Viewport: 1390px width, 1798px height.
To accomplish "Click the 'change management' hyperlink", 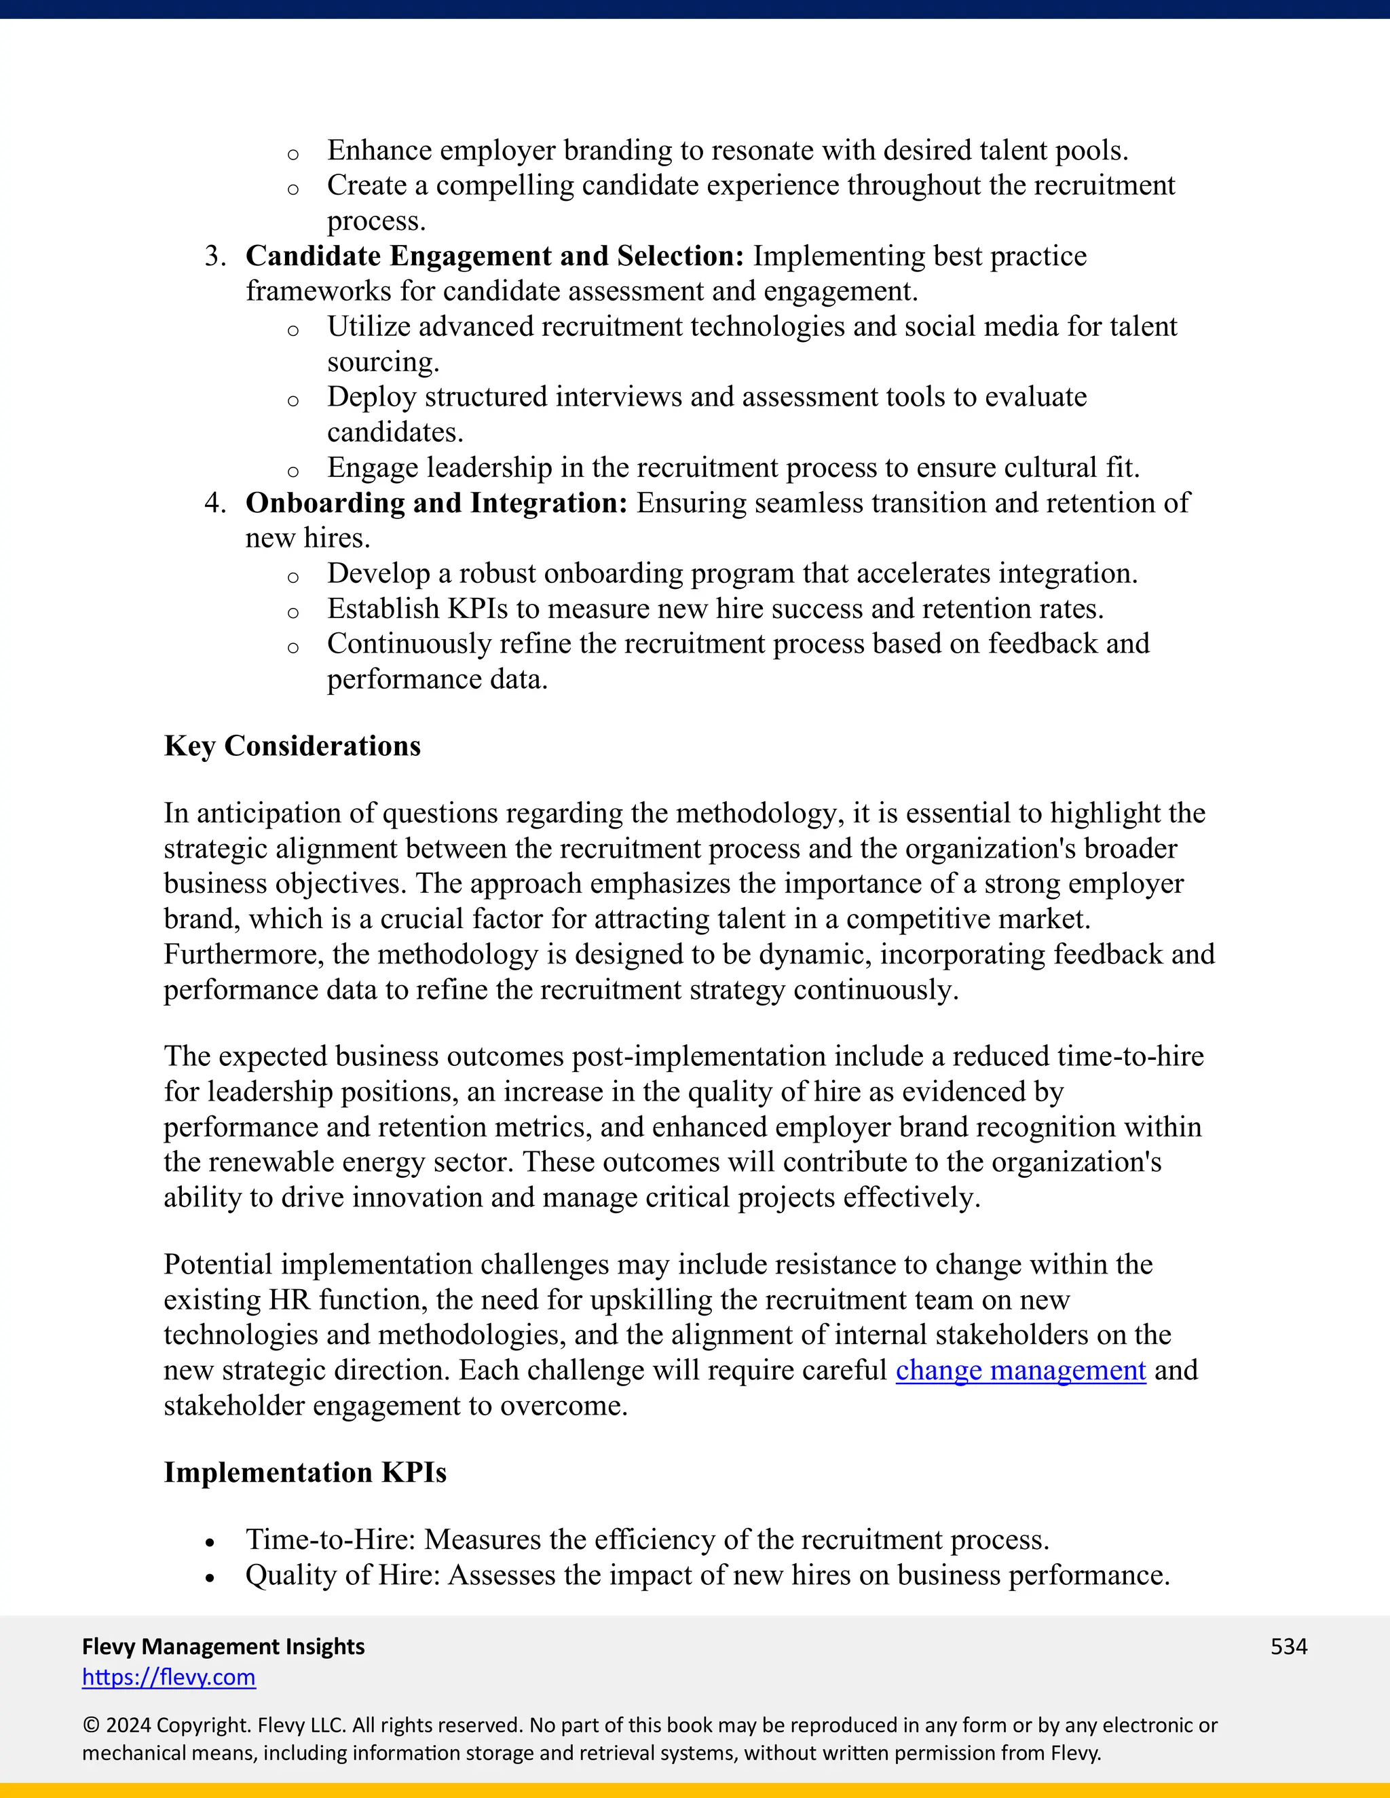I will tap(1020, 1370).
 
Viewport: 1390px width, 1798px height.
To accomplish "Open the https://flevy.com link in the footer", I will tap(169, 1677).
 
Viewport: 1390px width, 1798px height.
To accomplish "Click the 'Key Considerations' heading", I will tap(293, 746).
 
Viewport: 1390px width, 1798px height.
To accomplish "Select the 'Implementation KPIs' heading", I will tap(305, 1472).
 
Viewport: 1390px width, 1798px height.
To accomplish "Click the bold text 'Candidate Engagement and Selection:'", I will tap(494, 256).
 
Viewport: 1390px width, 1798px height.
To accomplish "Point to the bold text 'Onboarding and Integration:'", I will tap(436, 503).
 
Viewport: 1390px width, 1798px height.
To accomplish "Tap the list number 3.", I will tap(214, 256).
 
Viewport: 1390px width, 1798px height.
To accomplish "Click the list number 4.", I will tap(214, 503).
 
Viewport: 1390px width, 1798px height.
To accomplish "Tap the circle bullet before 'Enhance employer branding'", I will tap(293, 155).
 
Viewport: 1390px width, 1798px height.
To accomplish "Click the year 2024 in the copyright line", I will tap(128, 1725).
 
